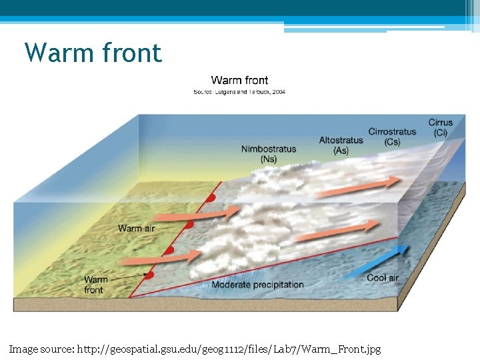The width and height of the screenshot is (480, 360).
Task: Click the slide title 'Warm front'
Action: click(x=93, y=53)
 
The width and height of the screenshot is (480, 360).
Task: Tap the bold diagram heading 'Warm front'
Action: click(x=239, y=81)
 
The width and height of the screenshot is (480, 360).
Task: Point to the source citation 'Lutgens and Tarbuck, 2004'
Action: click(x=248, y=91)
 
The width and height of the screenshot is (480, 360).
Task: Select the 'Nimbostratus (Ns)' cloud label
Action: click(x=269, y=154)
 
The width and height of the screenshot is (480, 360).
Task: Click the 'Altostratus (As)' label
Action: click(x=341, y=145)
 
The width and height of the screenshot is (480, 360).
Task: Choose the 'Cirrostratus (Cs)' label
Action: click(x=392, y=137)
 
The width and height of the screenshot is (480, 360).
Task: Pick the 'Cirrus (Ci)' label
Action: click(x=441, y=127)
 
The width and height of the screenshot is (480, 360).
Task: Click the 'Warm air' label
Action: click(x=136, y=229)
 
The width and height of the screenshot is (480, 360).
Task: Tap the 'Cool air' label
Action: click(x=383, y=277)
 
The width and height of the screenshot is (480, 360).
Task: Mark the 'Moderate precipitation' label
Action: click(x=257, y=285)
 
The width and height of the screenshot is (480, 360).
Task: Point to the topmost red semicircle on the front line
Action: click(x=211, y=198)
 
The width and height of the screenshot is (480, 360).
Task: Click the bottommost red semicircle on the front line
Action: click(x=150, y=275)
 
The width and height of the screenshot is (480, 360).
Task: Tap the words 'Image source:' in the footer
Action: click(x=42, y=349)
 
